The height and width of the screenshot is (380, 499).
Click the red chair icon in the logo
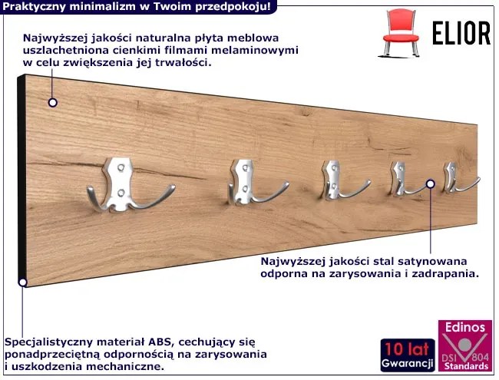(401, 34)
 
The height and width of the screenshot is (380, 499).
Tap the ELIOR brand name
(461, 33)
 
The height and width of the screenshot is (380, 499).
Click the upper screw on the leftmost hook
(121, 167)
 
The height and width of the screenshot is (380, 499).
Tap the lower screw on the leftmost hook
(121, 193)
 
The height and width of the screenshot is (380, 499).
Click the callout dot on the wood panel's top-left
(53, 102)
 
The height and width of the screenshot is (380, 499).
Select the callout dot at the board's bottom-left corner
(22, 283)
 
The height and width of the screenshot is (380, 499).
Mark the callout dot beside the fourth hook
(431, 183)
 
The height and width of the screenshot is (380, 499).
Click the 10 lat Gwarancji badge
(408, 355)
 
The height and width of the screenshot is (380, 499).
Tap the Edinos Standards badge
(465, 345)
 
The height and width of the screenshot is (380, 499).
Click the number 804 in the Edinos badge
(480, 356)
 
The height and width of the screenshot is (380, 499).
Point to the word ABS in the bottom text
(160, 342)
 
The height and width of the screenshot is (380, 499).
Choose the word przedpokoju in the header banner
(233, 6)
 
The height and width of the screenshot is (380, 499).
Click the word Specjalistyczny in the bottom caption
(48, 342)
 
